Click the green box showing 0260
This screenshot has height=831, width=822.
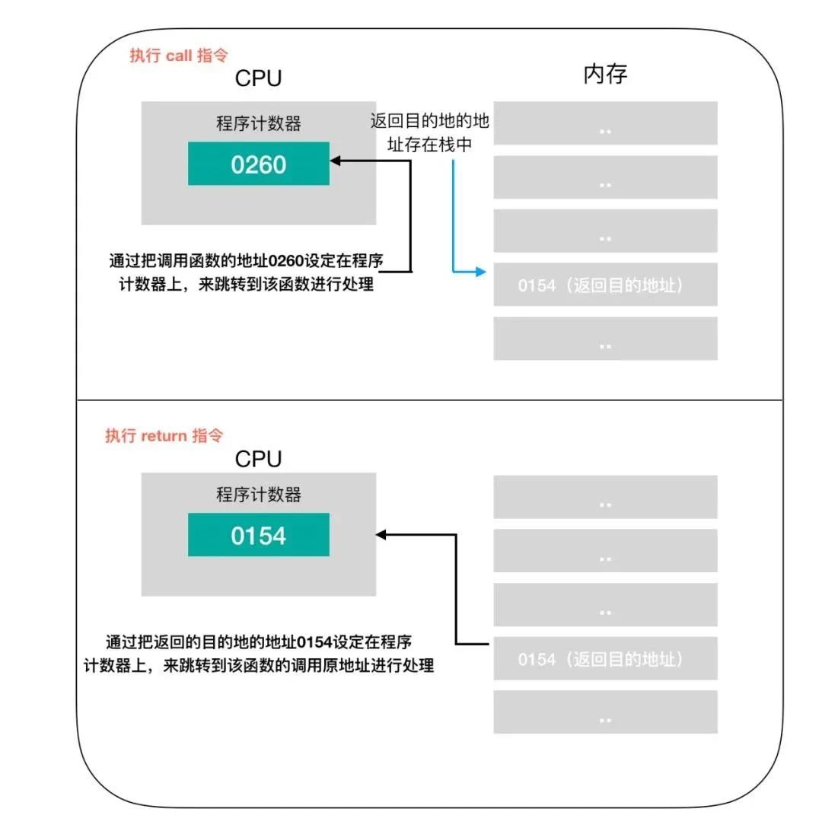(259, 164)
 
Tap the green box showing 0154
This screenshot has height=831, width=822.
(259, 535)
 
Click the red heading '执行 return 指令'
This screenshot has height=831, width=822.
(164, 436)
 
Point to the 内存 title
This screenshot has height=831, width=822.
(605, 75)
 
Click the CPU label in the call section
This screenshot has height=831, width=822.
(258, 78)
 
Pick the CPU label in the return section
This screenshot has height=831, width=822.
(258, 459)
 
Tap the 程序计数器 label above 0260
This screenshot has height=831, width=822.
(259, 124)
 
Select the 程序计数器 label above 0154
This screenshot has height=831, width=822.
(259, 495)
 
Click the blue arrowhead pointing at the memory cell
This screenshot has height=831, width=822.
(480, 270)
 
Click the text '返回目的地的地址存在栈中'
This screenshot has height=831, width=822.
(430, 132)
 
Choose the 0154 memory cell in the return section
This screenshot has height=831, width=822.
(605, 658)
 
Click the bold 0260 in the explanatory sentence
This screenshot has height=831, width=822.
(286, 261)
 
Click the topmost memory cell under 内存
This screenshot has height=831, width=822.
(605, 123)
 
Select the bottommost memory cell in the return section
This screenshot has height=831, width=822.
(605, 712)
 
